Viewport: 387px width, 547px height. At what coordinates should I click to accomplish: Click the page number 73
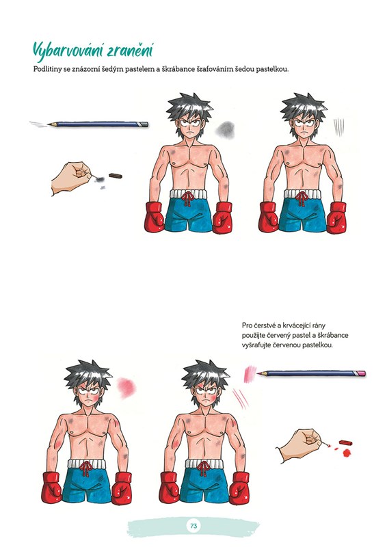[193, 525]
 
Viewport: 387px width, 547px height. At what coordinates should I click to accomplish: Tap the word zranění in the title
[130, 51]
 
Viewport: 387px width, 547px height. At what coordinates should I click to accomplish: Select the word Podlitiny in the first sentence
[47, 69]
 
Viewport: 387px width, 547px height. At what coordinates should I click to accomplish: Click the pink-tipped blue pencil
[311, 373]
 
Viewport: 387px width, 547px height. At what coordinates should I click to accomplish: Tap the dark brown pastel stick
[116, 176]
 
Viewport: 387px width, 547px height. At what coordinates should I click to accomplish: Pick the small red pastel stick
[345, 442]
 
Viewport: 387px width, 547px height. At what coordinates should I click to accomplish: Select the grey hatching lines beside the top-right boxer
[338, 127]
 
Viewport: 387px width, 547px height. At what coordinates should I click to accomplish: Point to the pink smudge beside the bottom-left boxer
[126, 388]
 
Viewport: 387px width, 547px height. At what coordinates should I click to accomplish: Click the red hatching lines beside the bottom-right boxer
[241, 398]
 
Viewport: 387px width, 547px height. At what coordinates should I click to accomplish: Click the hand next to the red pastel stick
[300, 445]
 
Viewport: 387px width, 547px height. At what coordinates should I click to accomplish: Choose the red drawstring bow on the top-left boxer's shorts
[189, 199]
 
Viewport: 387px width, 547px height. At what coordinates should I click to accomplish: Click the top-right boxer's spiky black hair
[304, 107]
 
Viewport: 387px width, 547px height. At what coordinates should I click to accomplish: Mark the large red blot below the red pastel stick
[347, 453]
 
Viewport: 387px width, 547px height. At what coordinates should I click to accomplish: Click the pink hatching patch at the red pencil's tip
[250, 374]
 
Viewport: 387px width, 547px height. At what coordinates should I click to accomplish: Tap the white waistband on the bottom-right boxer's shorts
[204, 464]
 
